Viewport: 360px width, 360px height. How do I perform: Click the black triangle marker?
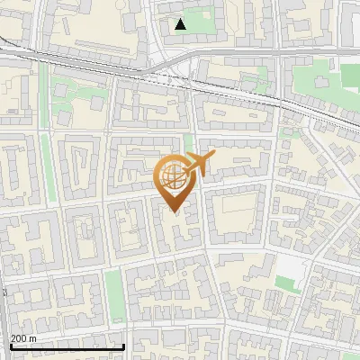181,24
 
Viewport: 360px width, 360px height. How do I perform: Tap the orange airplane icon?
199,165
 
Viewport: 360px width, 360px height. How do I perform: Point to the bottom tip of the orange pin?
173,212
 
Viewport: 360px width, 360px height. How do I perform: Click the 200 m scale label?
23,338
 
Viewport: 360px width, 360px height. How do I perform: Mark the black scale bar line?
67,346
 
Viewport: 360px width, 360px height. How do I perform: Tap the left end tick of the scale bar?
10,346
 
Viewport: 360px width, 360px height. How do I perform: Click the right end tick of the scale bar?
123,346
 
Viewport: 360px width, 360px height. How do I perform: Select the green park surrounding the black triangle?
200,20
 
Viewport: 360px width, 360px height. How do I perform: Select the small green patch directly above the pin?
188,142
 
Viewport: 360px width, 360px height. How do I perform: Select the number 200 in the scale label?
19,338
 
